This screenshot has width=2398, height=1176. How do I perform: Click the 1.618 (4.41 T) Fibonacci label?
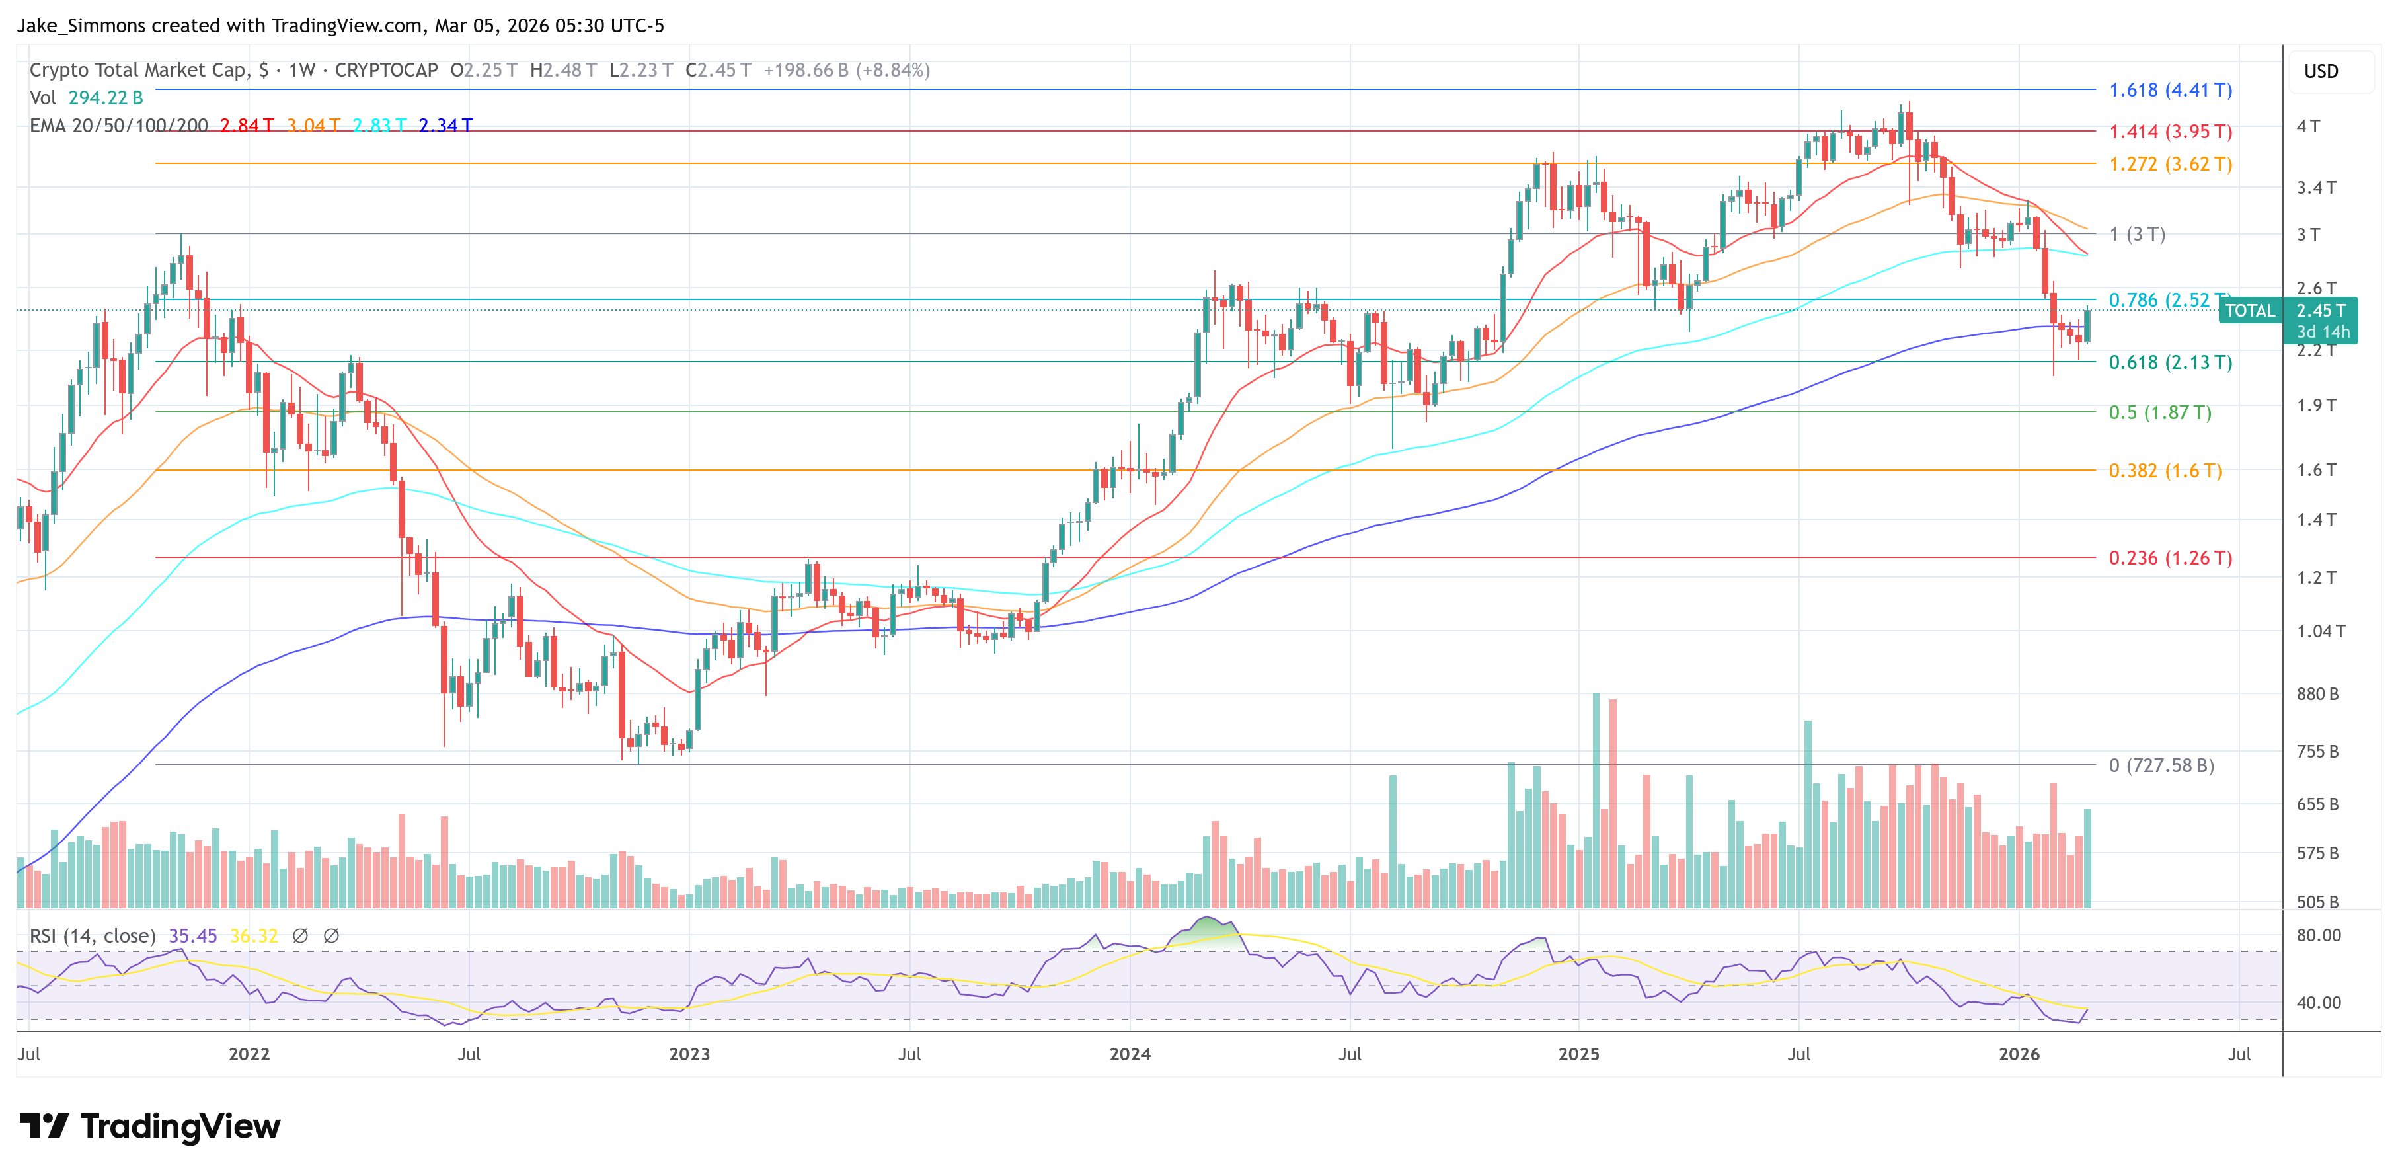click(2169, 91)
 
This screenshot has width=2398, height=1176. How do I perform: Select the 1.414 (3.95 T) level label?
click(2169, 132)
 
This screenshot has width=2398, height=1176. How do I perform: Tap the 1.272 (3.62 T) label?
click(2169, 164)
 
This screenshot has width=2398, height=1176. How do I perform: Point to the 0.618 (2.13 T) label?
click(2169, 362)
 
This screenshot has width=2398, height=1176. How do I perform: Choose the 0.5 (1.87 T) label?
click(2159, 412)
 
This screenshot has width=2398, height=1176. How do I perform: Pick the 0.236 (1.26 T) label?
click(2169, 558)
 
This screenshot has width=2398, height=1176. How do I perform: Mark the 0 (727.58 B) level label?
click(2161, 765)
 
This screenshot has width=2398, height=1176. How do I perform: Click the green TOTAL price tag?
click(2249, 311)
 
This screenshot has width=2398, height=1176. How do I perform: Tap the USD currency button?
click(2320, 71)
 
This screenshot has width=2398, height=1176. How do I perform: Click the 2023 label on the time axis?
click(689, 1054)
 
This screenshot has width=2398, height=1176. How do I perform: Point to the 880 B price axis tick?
click(2317, 693)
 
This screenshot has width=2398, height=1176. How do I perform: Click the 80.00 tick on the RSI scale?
click(2318, 935)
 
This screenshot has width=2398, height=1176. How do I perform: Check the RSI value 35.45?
click(193, 936)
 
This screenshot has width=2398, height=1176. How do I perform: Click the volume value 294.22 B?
click(105, 98)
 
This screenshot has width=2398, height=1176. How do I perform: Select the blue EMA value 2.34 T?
click(445, 125)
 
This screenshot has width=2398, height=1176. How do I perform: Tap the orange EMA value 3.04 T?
click(313, 125)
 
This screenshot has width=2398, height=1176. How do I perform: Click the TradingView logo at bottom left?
click(149, 1126)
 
